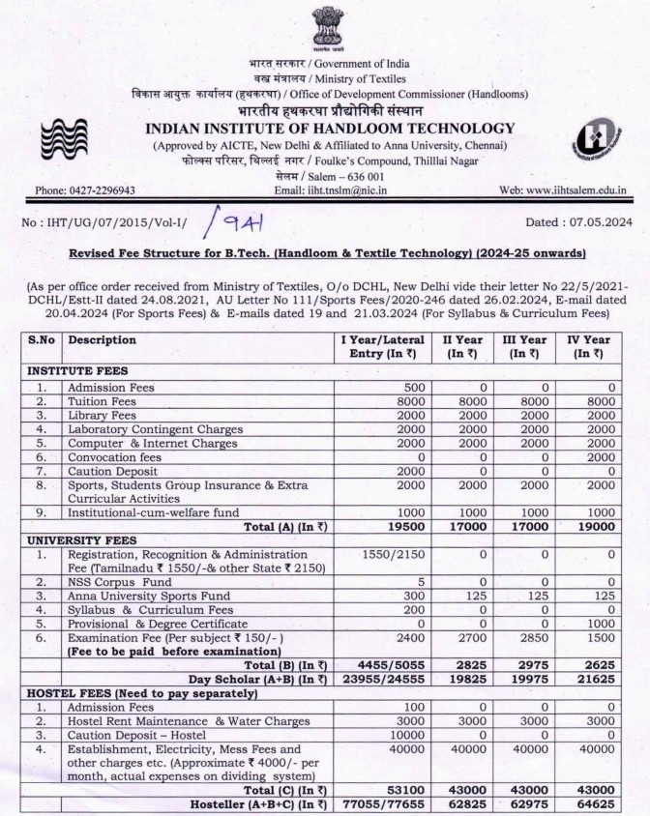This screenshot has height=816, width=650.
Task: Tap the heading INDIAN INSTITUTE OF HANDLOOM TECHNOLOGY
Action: tap(330, 129)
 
